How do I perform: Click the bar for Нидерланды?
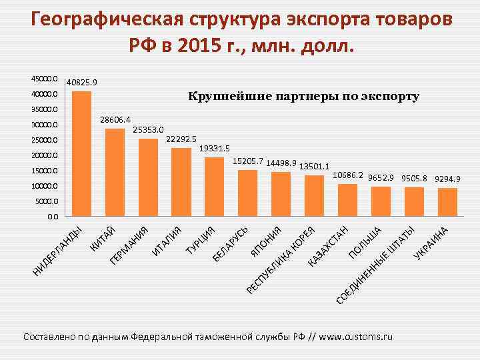pos(81,153)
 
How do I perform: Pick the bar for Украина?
pos(447,202)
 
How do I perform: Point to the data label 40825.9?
pos(81,83)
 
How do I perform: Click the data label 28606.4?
pos(115,120)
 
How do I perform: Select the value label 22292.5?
pos(181,139)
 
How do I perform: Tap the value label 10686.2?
pos(347,175)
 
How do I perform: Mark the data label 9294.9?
pos(447,179)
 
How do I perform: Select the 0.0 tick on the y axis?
pos(52,217)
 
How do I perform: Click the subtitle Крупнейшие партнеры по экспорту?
pos(303,97)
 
